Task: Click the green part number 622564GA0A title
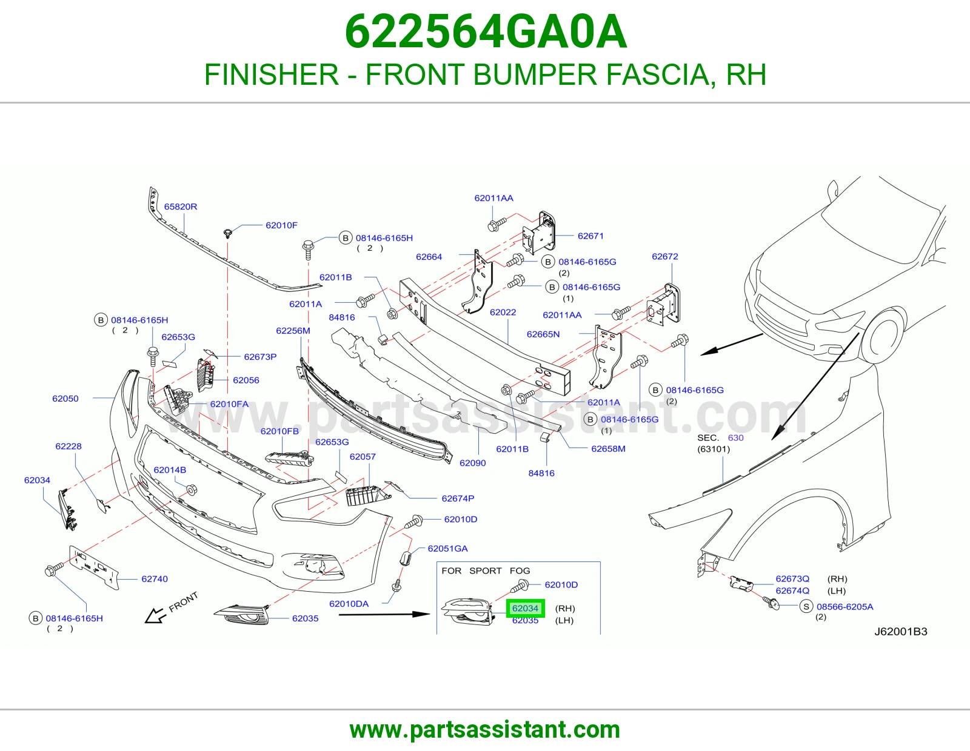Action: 486,31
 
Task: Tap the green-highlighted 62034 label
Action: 526,608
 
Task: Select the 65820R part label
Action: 180,207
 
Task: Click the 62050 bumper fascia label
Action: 65,399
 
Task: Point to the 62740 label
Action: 155,579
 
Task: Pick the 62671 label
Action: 590,236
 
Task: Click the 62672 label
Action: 664,256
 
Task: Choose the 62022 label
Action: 503,312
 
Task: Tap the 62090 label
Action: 473,463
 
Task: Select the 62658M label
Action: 608,449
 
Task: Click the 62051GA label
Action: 448,549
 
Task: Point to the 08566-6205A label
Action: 845,606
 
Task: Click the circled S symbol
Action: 806,606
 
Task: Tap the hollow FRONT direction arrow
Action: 155,616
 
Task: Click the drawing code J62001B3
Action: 900,632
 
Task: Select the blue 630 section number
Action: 735,437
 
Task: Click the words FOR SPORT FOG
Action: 486,571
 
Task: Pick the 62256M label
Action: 293,331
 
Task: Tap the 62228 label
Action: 69,446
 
